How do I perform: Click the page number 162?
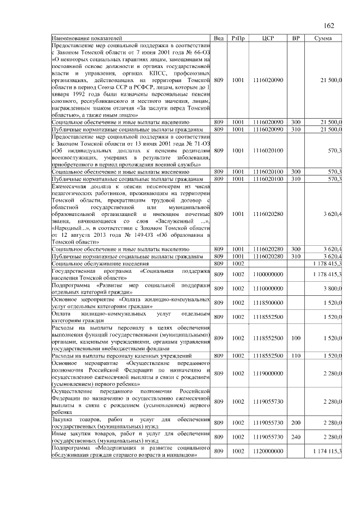tap(329, 25)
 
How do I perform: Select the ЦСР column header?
tap(268, 38)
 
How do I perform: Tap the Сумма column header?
tap(322, 38)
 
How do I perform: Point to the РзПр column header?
tap(237, 38)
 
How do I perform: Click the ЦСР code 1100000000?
tap(268, 274)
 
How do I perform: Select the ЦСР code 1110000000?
tap(268, 289)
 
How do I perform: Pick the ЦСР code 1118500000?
tap(268, 303)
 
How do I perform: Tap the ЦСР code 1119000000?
tap(268, 373)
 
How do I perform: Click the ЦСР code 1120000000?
tap(268, 452)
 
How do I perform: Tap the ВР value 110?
tap(295, 356)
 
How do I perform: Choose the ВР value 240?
tap(295, 437)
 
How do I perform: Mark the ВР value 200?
tap(295, 422)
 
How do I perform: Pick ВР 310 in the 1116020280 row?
tap(295, 255)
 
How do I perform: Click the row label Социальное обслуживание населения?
tap(100, 263)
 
